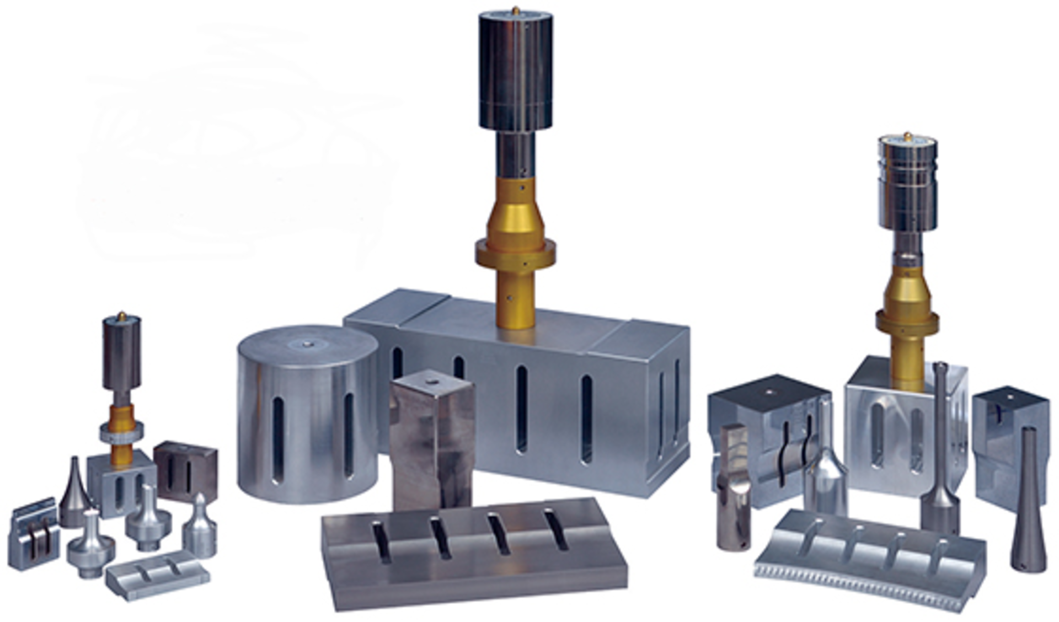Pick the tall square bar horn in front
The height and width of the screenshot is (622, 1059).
(x=432, y=441)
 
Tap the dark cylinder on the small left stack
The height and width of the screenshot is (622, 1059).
(x=121, y=353)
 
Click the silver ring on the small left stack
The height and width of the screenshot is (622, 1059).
(x=121, y=432)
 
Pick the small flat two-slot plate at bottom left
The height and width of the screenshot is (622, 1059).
(x=157, y=573)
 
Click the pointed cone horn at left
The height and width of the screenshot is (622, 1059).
(x=74, y=494)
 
